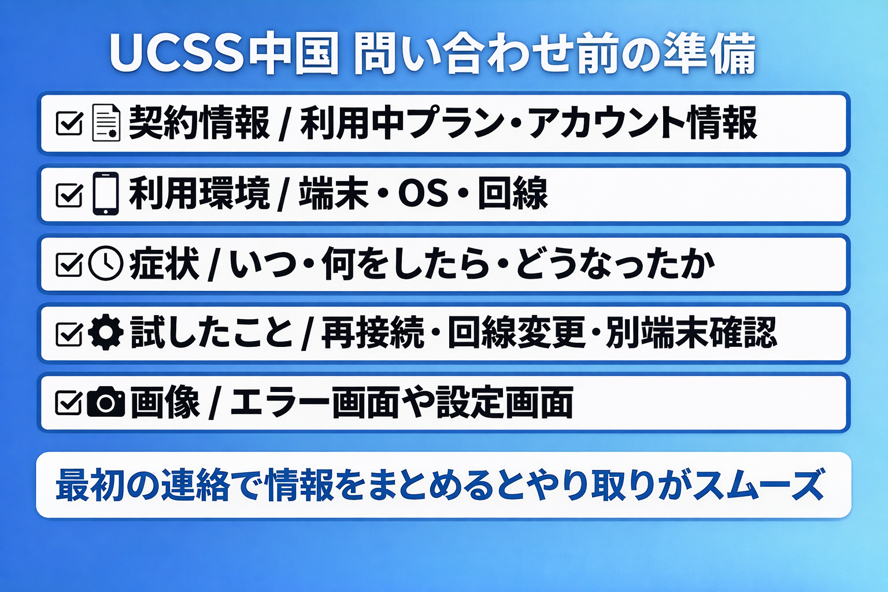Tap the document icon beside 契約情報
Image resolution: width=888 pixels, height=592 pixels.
tap(106, 123)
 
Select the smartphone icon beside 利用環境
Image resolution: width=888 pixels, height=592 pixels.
tap(106, 193)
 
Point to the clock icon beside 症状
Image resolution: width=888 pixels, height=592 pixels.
tap(106, 264)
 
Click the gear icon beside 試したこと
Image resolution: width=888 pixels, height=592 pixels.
tap(106, 332)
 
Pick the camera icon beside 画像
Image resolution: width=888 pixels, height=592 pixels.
tap(106, 402)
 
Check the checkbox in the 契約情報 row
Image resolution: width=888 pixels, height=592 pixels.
tap(69, 123)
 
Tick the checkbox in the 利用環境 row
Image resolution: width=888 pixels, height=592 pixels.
tap(69, 194)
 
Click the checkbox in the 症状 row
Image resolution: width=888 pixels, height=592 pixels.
tap(69, 264)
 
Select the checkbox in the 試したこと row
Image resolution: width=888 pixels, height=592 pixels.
tap(69, 334)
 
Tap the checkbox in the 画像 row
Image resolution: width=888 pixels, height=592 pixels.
tap(69, 402)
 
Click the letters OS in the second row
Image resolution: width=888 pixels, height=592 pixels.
tap(423, 193)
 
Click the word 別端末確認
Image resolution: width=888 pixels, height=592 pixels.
tap(691, 332)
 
